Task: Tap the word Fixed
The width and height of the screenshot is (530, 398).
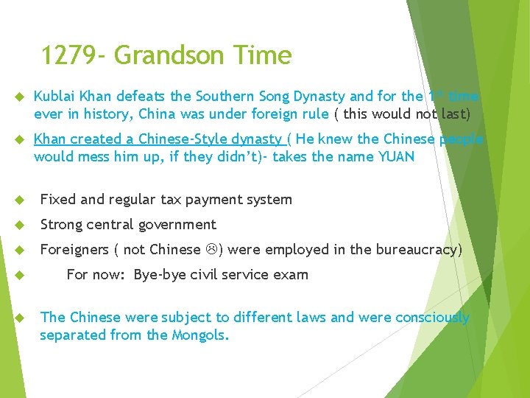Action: click(x=57, y=200)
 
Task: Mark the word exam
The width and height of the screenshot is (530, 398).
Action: click(x=293, y=275)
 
